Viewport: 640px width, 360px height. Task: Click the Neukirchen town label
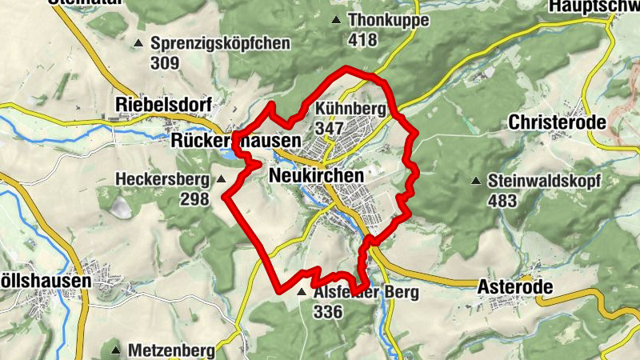pos(317,175)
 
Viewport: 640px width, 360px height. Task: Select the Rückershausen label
pos(236,141)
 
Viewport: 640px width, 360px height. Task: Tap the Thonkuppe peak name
pos(389,21)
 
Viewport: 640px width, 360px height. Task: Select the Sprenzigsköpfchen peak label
pos(220,44)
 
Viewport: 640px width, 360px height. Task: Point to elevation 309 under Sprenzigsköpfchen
pos(165,62)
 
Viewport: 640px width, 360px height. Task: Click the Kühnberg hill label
pos(351,109)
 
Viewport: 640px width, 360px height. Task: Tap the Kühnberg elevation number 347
pos(330,128)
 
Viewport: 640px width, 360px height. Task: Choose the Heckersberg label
pos(162,178)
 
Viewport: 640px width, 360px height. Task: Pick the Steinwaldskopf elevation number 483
pos(502,200)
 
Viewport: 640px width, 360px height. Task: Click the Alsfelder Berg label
pos(366,293)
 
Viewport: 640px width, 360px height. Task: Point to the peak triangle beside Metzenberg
pos(115,350)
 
